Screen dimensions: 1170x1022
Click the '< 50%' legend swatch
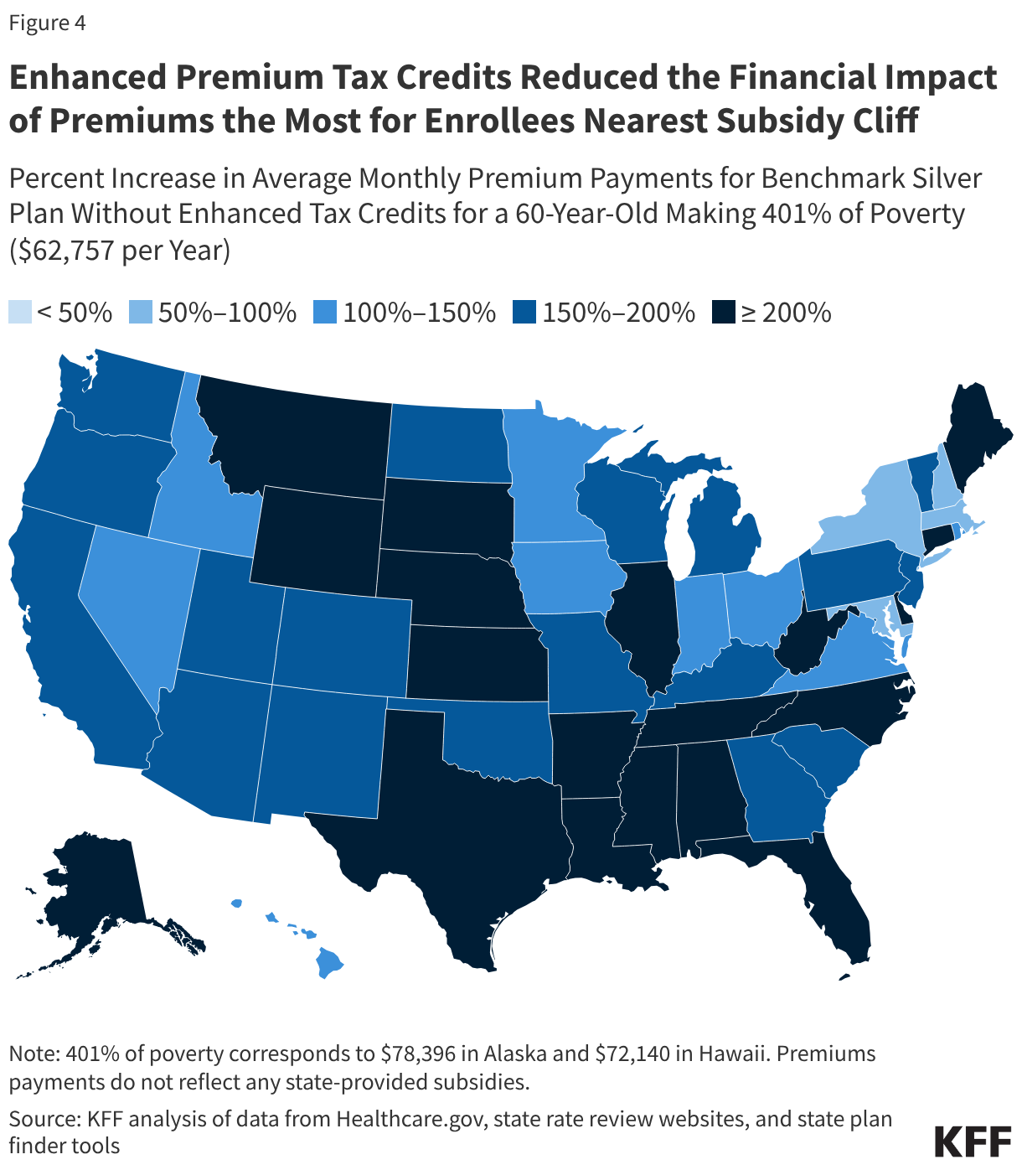20,313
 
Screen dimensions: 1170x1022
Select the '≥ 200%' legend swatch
723,313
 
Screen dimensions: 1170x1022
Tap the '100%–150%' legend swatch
324,313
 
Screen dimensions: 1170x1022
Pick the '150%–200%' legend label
618,313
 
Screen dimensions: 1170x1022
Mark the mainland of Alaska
92,888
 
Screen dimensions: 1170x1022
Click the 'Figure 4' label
48,23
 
